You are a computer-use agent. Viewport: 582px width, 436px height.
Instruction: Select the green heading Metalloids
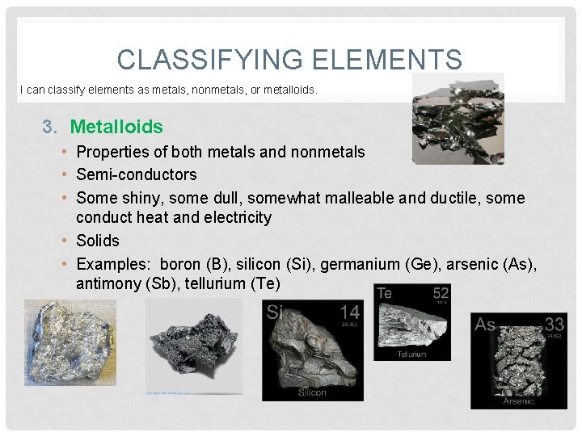116,127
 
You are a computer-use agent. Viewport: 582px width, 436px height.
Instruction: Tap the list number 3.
50,127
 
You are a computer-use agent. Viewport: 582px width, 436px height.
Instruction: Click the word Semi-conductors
137,174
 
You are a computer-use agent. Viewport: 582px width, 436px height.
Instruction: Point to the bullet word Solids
98,241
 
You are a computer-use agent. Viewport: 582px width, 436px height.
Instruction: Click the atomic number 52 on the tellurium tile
441,292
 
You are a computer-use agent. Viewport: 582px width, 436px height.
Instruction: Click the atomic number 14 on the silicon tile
350,312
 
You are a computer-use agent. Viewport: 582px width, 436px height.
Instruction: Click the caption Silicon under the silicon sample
311,392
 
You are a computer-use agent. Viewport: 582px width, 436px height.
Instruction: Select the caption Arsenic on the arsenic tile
519,401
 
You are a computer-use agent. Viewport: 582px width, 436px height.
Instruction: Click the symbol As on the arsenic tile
485,325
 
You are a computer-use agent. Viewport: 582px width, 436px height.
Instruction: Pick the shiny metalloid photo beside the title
458,119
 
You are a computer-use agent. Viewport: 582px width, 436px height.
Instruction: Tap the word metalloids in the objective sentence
289,90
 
